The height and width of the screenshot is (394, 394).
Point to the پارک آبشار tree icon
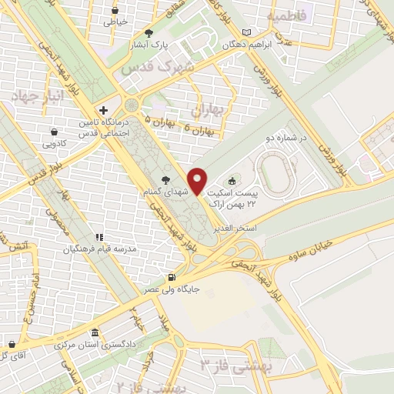pyautogui.click(x=149, y=33)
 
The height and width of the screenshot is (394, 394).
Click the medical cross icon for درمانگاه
pyautogui.click(x=104, y=110)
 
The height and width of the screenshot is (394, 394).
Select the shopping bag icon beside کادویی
pyautogui.click(x=53, y=132)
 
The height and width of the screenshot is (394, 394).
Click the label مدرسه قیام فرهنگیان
pyautogui.click(x=98, y=250)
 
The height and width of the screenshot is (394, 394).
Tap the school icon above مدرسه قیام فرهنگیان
pyautogui.click(x=98, y=237)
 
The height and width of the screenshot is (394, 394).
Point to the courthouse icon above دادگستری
pyautogui.click(x=94, y=332)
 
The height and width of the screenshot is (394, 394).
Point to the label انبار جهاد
pyautogui.click(x=34, y=97)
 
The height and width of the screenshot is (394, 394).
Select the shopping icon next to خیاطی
pyautogui.click(x=115, y=11)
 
